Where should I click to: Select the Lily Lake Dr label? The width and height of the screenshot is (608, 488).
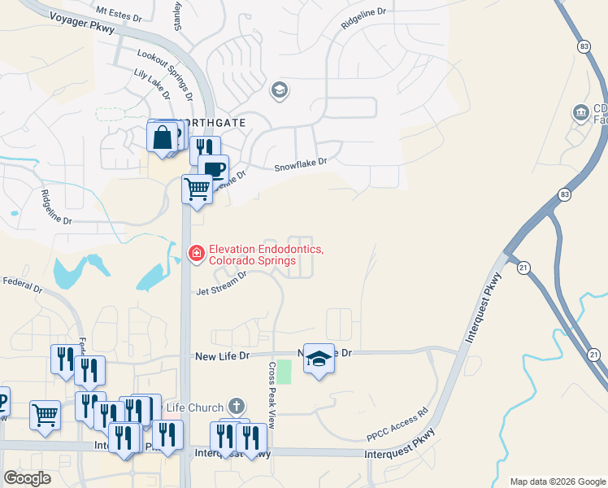[152, 84]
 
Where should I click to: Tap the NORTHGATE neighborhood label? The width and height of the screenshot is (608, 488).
[214, 123]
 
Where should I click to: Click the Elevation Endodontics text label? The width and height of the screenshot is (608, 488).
[266, 255]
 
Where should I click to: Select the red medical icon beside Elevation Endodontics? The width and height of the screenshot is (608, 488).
[195, 255]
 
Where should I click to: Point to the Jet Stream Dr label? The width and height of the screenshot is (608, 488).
[221, 281]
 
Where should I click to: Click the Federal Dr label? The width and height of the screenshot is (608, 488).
[22, 285]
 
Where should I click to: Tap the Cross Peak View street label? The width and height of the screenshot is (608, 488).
[272, 394]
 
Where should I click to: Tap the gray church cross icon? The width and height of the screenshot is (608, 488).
[237, 405]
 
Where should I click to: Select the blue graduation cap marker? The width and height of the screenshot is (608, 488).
[319, 359]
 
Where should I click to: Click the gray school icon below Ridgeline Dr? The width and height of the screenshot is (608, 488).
[280, 89]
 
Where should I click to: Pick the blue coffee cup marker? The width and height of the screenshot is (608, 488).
[214, 169]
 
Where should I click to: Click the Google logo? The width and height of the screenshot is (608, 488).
[27, 478]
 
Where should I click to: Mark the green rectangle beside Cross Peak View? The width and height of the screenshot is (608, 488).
[284, 372]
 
